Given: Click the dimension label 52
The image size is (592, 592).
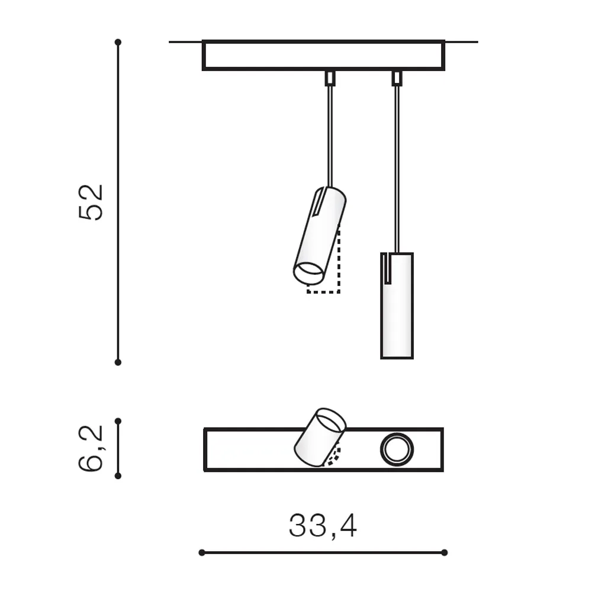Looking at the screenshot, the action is click(x=91, y=202).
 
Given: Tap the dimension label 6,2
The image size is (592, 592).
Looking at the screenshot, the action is click(x=91, y=449).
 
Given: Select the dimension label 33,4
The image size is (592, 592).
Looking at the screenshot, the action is click(x=323, y=526).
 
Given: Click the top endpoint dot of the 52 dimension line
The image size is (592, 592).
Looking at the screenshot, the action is click(x=118, y=42).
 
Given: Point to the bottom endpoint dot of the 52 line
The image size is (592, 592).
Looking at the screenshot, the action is click(x=118, y=362).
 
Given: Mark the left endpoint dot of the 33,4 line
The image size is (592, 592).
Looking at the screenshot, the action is click(x=202, y=553).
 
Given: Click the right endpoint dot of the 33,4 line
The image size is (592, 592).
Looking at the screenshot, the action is click(x=445, y=553).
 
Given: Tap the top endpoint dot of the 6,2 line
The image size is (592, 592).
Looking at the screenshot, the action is click(x=118, y=421).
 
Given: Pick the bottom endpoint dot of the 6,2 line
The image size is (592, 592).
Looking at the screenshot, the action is click(x=118, y=476).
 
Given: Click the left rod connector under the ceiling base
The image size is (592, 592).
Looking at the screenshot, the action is click(x=330, y=78).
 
